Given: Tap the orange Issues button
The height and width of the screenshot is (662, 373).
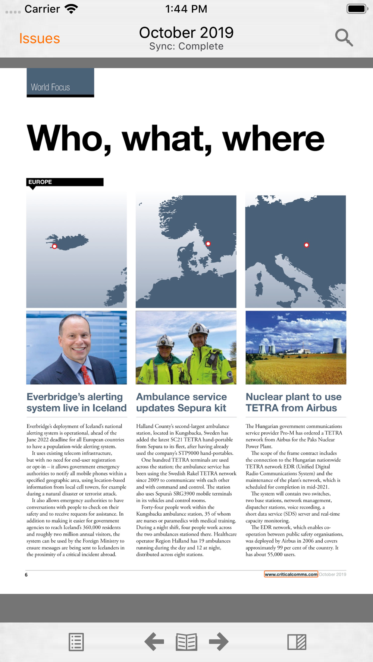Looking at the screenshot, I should point(40,38).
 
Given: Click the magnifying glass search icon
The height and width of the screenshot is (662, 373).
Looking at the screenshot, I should point(344,37).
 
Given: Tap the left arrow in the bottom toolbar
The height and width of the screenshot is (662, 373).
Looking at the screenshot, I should point(154,642).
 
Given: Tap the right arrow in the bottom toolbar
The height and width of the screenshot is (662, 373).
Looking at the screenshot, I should point(219,642).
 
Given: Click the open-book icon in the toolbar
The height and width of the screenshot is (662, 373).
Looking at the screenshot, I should point(186,642).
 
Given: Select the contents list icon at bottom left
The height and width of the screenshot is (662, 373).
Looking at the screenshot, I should point(76,642).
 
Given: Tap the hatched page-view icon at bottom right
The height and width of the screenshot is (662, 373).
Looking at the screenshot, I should point(297,642).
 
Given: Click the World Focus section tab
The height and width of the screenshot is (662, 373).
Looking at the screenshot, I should point(60,83).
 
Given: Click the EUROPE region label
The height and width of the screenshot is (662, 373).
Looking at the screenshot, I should point(40,182).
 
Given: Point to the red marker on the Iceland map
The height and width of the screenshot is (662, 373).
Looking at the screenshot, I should point(54,246).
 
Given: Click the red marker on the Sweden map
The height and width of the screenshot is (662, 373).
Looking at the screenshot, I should point(208,244).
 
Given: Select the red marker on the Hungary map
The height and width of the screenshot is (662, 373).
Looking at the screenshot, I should point(306,245).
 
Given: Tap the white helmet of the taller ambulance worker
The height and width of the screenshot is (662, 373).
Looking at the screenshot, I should point(198,328).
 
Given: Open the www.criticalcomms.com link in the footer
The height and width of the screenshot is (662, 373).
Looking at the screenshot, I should point(291,574).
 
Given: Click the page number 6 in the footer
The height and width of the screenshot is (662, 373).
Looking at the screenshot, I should point(26,575).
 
